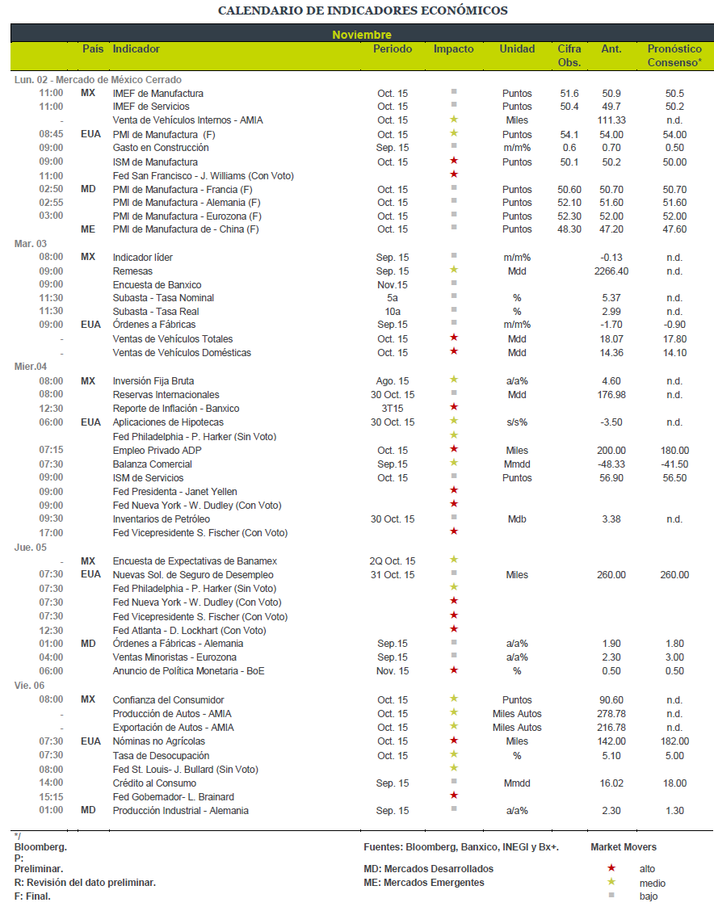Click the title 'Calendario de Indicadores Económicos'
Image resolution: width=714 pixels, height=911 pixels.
pos(363,10)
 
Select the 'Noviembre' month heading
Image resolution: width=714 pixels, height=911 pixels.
pos(362,35)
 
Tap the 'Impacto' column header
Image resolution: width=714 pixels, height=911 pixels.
pos(453,49)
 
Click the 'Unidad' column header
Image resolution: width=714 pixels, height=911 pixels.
pos(517,49)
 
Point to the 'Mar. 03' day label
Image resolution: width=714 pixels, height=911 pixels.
pos(30,243)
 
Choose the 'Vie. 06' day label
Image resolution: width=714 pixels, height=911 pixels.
pos(29,686)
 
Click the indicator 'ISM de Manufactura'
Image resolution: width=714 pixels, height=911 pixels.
pos(155,162)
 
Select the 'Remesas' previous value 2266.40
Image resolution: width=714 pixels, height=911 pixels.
pos(611,271)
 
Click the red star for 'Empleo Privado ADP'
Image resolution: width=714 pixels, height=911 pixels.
pos(454,449)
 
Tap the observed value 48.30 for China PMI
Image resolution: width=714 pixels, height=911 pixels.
pos(569,229)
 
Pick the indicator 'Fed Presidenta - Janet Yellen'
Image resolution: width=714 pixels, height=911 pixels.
pos(175,492)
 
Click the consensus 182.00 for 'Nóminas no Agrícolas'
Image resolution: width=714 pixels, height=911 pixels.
pos(674,741)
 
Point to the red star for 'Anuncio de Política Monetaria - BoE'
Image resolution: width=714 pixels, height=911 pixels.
pos(454,670)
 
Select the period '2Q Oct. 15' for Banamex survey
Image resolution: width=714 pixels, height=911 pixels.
pos(393,561)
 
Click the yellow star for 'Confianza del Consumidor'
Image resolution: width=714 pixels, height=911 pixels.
pos(454,699)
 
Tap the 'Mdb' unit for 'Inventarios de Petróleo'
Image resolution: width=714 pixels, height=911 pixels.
pos(517,519)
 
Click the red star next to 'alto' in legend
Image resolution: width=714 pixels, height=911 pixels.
pos(611,868)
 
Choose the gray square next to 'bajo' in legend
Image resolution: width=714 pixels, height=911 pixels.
pos(611,896)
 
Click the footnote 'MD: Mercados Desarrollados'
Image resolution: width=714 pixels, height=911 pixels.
pos(429,869)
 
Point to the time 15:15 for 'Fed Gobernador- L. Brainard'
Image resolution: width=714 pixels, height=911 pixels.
pos(51,797)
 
